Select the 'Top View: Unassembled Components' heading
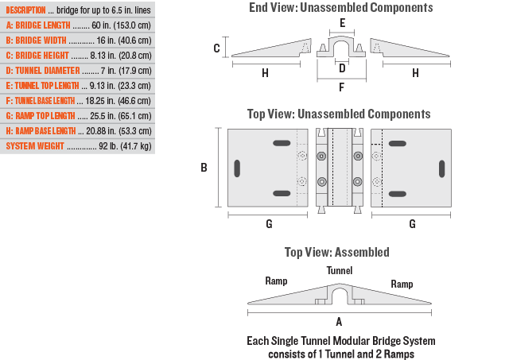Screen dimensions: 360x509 340,114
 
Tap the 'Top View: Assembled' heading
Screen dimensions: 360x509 337,252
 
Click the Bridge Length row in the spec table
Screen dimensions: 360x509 77,25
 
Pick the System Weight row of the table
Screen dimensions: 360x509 77,146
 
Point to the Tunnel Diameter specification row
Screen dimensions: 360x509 77,71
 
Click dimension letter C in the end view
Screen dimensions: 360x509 217,48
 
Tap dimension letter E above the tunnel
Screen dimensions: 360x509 342,23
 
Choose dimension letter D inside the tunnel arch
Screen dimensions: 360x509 342,68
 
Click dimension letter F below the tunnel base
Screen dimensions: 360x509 342,87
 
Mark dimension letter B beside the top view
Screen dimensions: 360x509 204,168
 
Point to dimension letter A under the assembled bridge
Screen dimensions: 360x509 340,322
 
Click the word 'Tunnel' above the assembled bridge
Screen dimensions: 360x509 340,270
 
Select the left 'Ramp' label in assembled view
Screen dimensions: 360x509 276,281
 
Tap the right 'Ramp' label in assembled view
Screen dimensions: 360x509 402,284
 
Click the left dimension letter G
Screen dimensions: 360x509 269,224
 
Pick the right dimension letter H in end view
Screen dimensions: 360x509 415,73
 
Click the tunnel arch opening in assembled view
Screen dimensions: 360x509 340,297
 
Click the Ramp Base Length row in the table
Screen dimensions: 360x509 77,131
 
